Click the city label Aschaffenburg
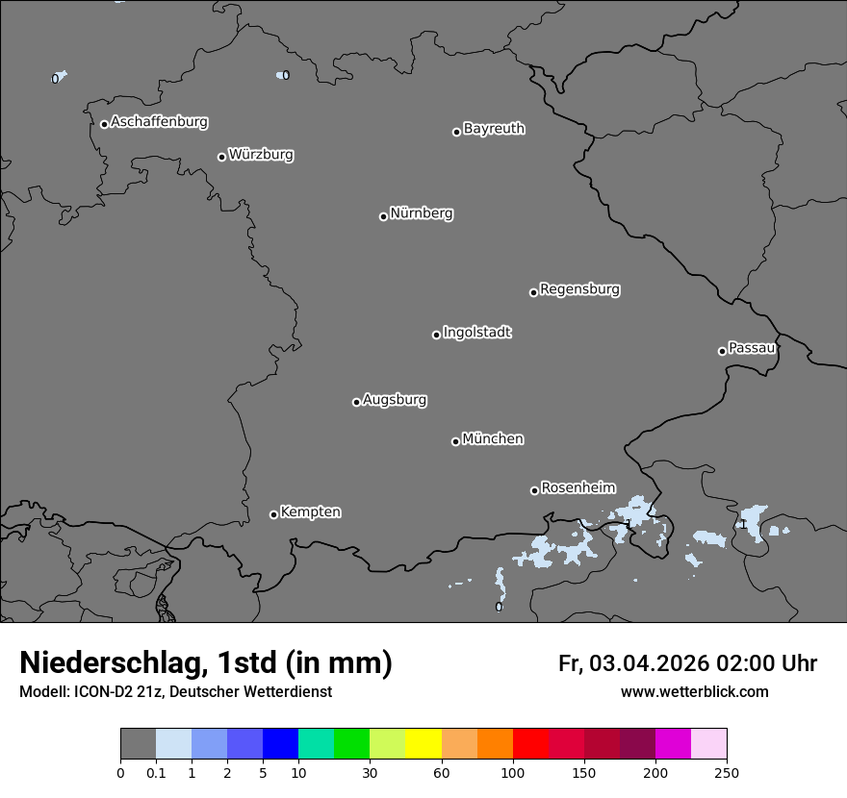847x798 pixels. point(159,122)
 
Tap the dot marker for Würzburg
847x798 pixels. point(221,157)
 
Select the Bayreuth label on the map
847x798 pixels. point(494,129)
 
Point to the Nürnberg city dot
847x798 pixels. point(383,216)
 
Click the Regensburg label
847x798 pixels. point(579,289)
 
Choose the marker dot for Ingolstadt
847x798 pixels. point(436,335)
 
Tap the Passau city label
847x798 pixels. point(752,348)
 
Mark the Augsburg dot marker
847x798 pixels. point(356,402)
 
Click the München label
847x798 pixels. point(493,439)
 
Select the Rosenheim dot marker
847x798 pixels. point(534,490)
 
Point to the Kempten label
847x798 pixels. point(310,512)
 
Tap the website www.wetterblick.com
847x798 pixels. point(694,692)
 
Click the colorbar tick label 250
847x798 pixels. point(727,772)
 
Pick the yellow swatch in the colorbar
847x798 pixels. point(423,744)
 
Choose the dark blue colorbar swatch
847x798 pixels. point(280,744)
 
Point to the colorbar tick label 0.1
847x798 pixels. point(156,772)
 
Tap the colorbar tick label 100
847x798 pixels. point(513,772)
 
